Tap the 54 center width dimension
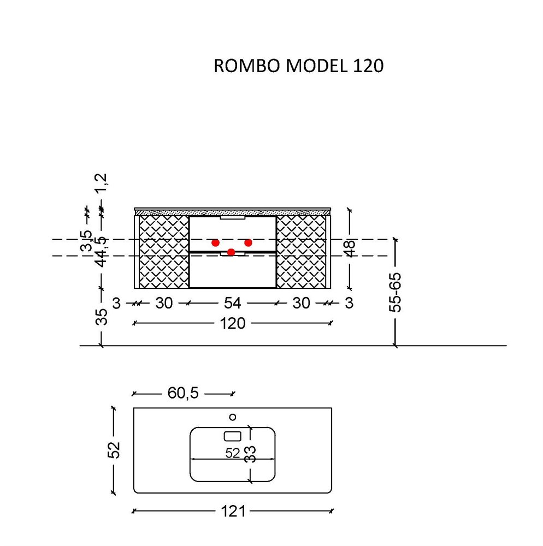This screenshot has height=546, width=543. pos(233,303)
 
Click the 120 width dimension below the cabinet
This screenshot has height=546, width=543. pos(233,323)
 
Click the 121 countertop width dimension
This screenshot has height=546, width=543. pos(233,512)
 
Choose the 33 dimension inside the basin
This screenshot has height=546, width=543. pos(250,453)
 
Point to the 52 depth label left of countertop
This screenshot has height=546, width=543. pos(114,450)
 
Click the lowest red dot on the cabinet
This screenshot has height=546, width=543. pos(231,252)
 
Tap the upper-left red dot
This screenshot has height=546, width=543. pos(216,242)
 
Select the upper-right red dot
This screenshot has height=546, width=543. pos(248,242)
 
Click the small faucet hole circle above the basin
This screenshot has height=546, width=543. pos(233,417)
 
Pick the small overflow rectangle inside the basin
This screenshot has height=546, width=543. pos(233,436)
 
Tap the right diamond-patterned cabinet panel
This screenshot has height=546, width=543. pos(302,251)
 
